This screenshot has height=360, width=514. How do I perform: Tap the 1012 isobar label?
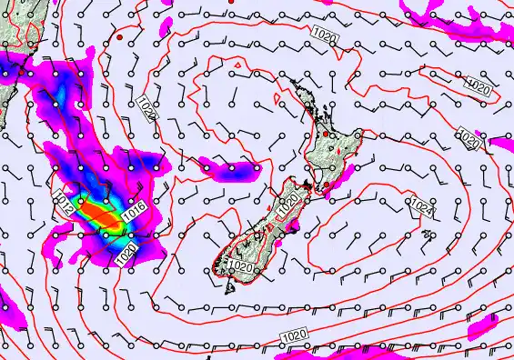[x=66, y=203]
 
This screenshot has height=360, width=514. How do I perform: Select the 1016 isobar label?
[x=134, y=211]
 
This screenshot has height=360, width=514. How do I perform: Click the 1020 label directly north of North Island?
[x=324, y=34]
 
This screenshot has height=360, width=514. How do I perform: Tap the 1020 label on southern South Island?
[x=241, y=267]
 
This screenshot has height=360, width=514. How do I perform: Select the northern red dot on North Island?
[x=326, y=135]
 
